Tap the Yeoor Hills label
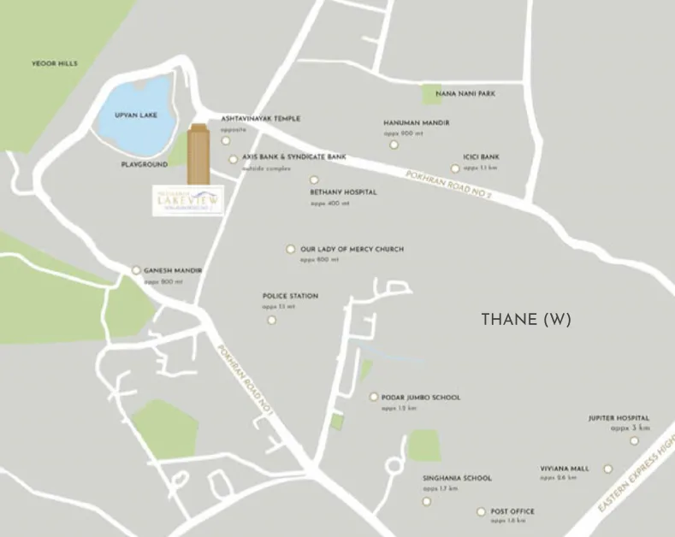click(x=54, y=63)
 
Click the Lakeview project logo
click(x=186, y=199)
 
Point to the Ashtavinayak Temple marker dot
click(x=226, y=141)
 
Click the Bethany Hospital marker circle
click(x=314, y=180)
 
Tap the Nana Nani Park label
click(x=465, y=93)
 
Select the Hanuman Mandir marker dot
click(x=394, y=145)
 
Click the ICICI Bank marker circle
click(x=455, y=168)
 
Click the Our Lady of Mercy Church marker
click(x=291, y=249)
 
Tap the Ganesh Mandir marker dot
click(x=136, y=270)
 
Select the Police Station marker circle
click(x=272, y=320)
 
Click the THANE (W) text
click(x=525, y=320)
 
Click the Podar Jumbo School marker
click(x=374, y=397)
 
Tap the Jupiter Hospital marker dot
click(x=634, y=441)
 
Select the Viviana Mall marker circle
click(x=608, y=469)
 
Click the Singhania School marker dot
click(x=427, y=500)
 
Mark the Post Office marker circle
click(x=481, y=512)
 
